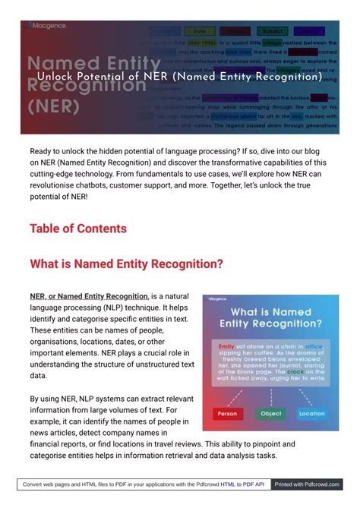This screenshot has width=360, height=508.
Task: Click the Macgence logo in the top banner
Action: [x=48, y=25]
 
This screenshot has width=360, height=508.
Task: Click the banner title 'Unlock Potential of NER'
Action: [x=180, y=77]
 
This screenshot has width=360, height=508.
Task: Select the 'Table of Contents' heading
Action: [x=77, y=229]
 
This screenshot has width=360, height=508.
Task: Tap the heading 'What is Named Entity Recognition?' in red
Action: [x=126, y=264]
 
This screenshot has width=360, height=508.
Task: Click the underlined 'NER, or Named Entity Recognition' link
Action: [x=89, y=296]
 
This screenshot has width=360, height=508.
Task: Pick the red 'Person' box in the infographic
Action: [x=227, y=414]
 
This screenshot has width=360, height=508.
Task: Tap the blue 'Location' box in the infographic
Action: [x=311, y=414]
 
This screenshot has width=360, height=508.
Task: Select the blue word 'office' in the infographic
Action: [x=314, y=346]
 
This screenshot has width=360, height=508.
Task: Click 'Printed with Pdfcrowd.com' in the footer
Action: [x=307, y=484]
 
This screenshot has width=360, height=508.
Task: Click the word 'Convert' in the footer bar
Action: [x=34, y=484]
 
